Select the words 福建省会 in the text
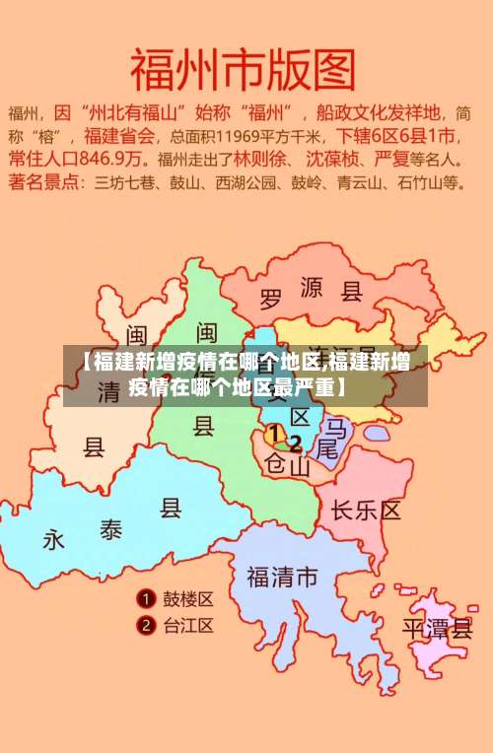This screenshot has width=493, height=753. [x=119, y=134]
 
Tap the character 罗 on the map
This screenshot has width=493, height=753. [x=270, y=297]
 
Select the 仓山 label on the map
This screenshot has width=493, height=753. [x=289, y=466]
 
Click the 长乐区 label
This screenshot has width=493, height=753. [x=366, y=511]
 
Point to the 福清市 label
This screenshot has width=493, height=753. [x=282, y=578]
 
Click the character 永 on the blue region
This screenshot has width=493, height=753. [x=53, y=540]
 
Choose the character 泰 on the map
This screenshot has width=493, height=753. [x=109, y=529]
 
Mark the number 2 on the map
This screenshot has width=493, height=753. [x=295, y=444]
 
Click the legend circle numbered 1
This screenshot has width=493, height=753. [x=145, y=598]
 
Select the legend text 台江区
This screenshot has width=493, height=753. [x=188, y=625]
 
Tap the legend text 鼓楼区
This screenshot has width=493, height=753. [x=188, y=598]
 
